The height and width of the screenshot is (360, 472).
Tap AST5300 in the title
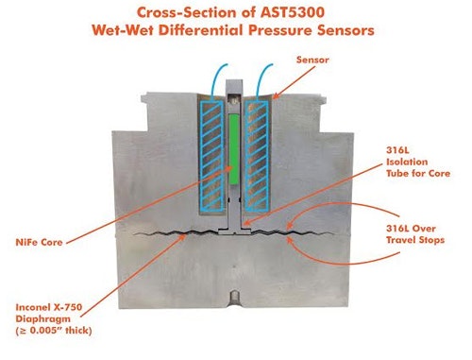[x=315, y=13]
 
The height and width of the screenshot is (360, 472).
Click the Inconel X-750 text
[x=55, y=306]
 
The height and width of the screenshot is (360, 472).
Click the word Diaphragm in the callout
[x=49, y=318]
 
